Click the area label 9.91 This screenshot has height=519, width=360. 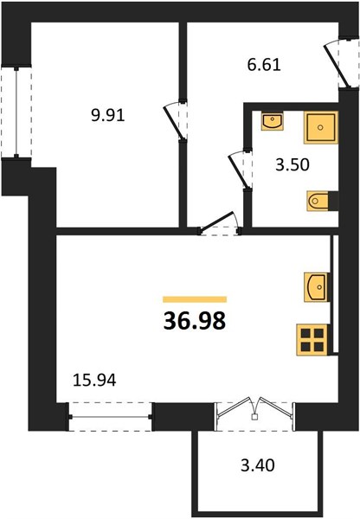tap(107, 116)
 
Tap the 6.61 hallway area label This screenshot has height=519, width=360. tap(264, 65)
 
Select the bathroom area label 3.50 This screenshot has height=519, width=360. tap(292, 165)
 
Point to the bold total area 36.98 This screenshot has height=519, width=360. tap(195, 321)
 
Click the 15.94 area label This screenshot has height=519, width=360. tap(94, 381)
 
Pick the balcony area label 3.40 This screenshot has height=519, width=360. tap(258, 465)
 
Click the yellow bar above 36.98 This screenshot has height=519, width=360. tap(195, 299)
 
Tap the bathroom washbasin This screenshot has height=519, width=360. tap(273, 121)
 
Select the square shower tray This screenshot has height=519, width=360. tap(320, 127)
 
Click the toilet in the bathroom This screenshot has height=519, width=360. tap(318, 201)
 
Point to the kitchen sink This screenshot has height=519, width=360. tap(317, 287)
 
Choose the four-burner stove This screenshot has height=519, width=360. tap(312, 340)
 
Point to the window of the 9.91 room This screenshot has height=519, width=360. tap(16, 112)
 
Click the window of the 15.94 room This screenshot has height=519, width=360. tap(110, 417)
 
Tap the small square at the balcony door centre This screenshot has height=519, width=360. tap(254, 417)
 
